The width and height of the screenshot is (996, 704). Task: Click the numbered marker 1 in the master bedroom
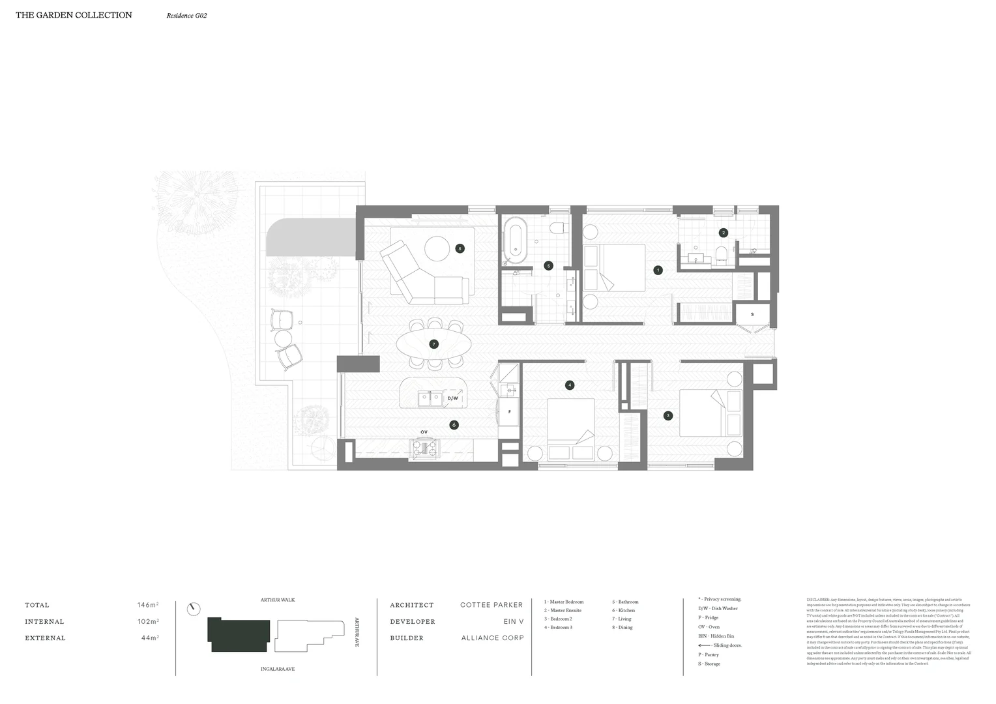[658, 270]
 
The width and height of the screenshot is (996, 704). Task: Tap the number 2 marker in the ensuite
[723, 233]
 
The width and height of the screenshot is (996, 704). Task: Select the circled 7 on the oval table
[433, 344]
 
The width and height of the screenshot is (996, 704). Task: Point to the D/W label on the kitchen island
[452, 398]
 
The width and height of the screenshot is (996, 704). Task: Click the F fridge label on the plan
[508, 412]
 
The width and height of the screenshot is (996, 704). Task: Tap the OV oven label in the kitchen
[424, 432]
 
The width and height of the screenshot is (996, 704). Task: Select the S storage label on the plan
[752, 314]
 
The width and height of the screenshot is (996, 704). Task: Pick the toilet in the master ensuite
[721, 254]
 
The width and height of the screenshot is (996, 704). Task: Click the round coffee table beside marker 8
[437, 248]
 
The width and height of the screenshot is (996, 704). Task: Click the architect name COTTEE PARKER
[491, 605]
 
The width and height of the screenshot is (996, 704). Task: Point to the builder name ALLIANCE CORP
[492, 638]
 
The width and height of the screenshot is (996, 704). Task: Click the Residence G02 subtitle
[186, 16]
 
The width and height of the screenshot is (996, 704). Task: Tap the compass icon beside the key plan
[192, 609]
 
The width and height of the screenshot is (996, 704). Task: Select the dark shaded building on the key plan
[239, 635]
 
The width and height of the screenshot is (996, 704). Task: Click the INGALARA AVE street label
[278, 669]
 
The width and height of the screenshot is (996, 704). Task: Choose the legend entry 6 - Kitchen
[623, 611]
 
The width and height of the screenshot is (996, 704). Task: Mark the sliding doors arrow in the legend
[704, 645]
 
